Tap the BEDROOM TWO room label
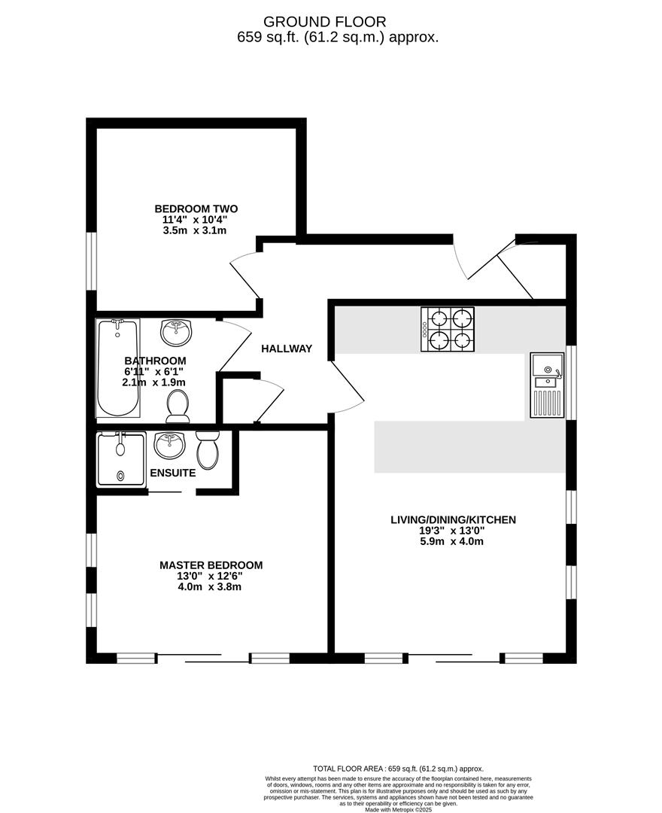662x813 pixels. click(x=196, y=209)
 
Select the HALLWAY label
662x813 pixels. click(x=287, y=349)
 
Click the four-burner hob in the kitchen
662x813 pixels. click(x=448, y=329)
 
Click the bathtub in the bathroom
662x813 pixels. click(x=118, y=367)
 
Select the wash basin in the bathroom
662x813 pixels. click(x=176, y=330)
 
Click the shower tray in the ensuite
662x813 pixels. click(x=120, y=458)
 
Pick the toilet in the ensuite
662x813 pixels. click(x=208, y=449)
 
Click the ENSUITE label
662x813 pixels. click(x=173, y=473)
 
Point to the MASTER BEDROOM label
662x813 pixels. click(x=211, y=565)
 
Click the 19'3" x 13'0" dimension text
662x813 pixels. click(x=452, y=530)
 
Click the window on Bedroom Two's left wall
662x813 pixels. click(x=91, y=260)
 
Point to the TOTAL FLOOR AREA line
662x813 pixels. click(x=398, y=769)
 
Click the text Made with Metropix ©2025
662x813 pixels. click(x=398, y=809)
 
